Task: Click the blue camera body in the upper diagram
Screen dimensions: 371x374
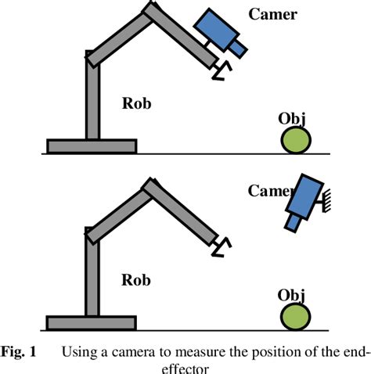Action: click(x=216, y=30)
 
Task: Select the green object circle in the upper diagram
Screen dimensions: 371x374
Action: click(x=296, y=140)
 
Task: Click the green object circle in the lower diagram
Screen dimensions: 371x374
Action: click(x=295, y=317)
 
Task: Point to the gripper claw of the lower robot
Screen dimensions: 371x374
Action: click(x=222, y=247)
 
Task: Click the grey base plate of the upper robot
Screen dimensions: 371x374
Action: click(x=92, y=146)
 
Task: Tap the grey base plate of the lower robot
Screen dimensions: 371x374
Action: click(x=92, y=323)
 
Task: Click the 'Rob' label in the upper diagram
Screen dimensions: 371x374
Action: click(x=137, y=103)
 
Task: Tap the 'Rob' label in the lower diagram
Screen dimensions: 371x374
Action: click(x=136, y=280)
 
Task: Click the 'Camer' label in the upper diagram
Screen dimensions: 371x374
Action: click(x=272, y=14)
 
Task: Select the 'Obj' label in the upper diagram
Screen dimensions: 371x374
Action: click(x=292, y=119)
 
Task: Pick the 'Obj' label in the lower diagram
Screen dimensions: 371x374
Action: click(x=291, y=296)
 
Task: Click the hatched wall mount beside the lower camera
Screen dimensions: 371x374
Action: click(x=326, y=200)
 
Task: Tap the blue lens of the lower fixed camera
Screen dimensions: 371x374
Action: click(x=294, y=223)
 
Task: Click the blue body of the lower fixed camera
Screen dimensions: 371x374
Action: click(x=304, y=196)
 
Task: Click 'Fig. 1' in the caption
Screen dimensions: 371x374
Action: click(x=18, y=351)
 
